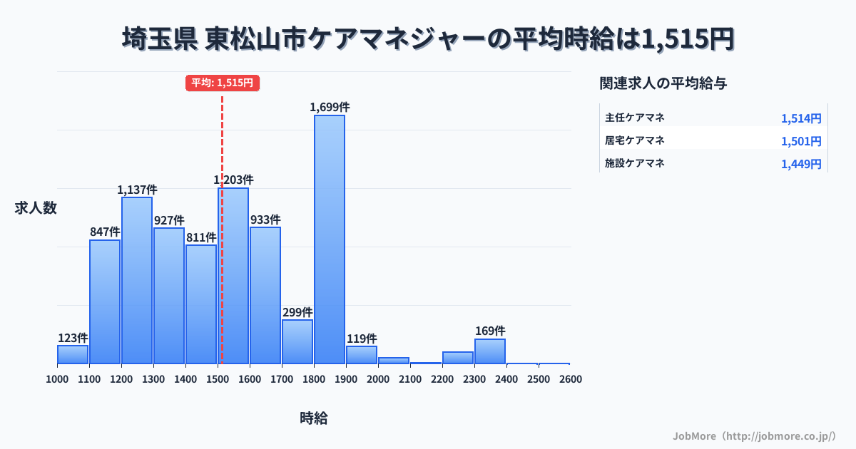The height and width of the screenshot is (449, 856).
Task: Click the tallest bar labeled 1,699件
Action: tap(330, 239)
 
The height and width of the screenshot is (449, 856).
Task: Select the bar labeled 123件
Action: tap(73, 354)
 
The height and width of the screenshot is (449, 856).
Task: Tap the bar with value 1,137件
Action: tap(137, 280)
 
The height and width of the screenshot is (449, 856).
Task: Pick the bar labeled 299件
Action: tap(297, 341)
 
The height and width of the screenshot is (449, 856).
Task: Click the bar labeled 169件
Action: tap(490, 351)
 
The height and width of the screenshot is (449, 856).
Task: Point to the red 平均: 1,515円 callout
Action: tap(222, 83)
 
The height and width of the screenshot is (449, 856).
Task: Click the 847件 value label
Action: tap(105, 232)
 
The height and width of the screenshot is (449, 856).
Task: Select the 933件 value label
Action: tap(265, 220)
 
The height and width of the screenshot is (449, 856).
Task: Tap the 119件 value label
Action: tap(362, 339)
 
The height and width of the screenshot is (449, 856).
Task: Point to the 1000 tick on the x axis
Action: tap(57, 379)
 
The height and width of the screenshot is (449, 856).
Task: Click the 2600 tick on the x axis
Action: tap(571, 379)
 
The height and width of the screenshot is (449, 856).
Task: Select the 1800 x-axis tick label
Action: tap(314, 379)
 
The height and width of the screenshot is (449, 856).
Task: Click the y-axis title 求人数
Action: tap(36, 208)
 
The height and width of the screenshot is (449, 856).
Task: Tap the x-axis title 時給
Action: tap(314, 418)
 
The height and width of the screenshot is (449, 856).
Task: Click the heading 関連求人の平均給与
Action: tap(663, 83)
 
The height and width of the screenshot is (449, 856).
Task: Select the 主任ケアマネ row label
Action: tap(635, 118)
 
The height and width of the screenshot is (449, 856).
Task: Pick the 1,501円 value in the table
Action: tap(801, 141)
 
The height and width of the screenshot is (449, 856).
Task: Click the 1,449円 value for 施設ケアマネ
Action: tap(801, 164)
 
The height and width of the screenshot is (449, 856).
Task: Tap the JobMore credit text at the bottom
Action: tap(754, 435)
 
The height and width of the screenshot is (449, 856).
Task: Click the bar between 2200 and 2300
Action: tap(458, 358)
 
